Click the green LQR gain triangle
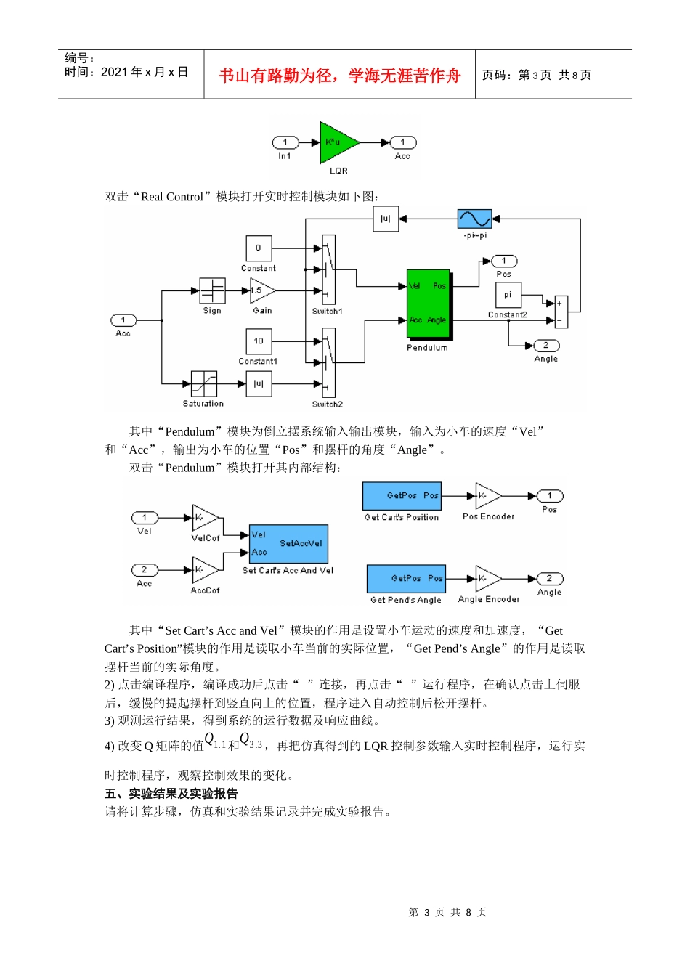(336, 142)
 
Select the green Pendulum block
(428, 304)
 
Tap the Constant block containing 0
(259, 248)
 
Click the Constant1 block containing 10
(259, 341)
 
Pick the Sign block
(212, 290)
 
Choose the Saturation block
(203, 383)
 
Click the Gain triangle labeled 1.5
(261, 290)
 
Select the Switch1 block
(328, 269)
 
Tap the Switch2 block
(328, 362)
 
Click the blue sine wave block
(474, 219)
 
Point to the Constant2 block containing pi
(508, 295)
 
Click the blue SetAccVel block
(288, 544)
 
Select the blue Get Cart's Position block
(402, 496)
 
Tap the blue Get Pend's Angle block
(406, 579)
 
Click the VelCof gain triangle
(204, 518)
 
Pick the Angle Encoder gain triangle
(487, 579)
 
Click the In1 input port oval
(285, 142)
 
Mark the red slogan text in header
(339, 76)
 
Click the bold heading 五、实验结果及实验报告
(171, 794)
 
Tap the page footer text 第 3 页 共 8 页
(447, 912)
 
